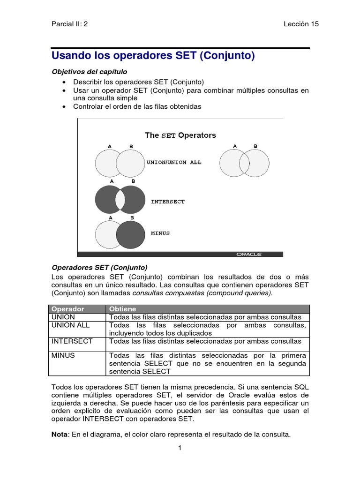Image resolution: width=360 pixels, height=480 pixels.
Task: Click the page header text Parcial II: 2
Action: click(69, 24)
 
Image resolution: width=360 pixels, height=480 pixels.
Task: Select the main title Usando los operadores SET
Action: click(152, 56)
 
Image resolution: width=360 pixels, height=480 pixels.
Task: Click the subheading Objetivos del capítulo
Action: click(89, 71)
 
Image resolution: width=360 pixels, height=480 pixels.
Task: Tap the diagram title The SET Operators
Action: click(180, 135)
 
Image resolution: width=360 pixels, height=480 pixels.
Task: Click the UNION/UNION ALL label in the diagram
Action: click(174, 162)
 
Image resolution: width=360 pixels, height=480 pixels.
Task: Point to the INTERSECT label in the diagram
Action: click(168, 202)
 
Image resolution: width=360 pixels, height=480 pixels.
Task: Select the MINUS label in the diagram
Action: click(160, 233)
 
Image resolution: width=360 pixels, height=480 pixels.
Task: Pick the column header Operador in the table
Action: click(67, 309)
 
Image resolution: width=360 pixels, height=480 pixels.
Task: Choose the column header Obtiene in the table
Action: click(122, 309)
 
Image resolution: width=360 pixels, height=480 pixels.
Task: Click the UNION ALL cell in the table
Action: click(70, 325)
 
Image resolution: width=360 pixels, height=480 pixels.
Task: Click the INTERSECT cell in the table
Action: click(72, 341)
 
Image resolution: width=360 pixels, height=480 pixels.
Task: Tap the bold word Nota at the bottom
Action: click(59, 434)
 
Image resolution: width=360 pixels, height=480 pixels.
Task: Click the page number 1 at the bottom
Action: click(180, 448)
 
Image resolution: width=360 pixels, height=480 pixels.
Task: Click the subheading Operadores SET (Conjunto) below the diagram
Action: click(99, 268)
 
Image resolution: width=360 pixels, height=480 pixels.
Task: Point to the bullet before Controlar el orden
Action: click(64, 107)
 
